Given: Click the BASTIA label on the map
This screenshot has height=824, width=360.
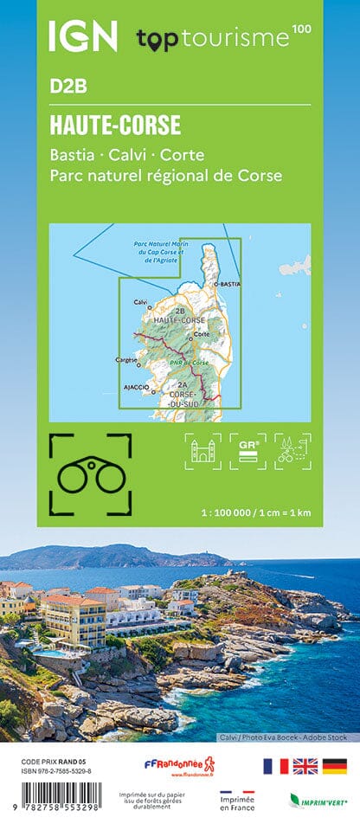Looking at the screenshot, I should pos(228,284).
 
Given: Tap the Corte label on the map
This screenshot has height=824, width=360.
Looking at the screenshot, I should pos(202,334).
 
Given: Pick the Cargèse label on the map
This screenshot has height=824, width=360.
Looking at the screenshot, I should pos(126,358).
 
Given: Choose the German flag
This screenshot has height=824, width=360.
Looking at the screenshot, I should pos(334,766).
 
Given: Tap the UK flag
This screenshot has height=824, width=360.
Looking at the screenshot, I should pos(304,766).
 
